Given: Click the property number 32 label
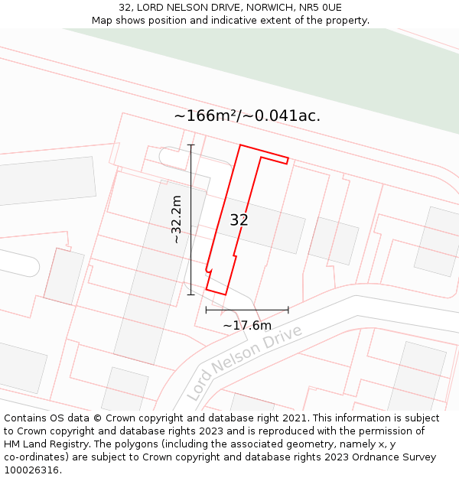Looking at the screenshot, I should click(239, 220).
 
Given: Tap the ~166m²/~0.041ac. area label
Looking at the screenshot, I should click(247, 116).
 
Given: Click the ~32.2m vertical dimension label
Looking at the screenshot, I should click(177, 219).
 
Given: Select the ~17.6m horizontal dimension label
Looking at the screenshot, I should click(247, 326).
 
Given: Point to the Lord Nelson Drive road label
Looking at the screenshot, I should click(244, 363).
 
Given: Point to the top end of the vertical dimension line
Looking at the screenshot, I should click(191, 145).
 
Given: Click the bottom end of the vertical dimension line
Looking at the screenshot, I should click(191, 294).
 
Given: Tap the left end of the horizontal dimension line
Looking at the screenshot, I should click(206, 310).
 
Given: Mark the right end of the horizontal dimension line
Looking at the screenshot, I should click(288, 310).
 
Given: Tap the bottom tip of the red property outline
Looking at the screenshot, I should click(225, 294).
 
